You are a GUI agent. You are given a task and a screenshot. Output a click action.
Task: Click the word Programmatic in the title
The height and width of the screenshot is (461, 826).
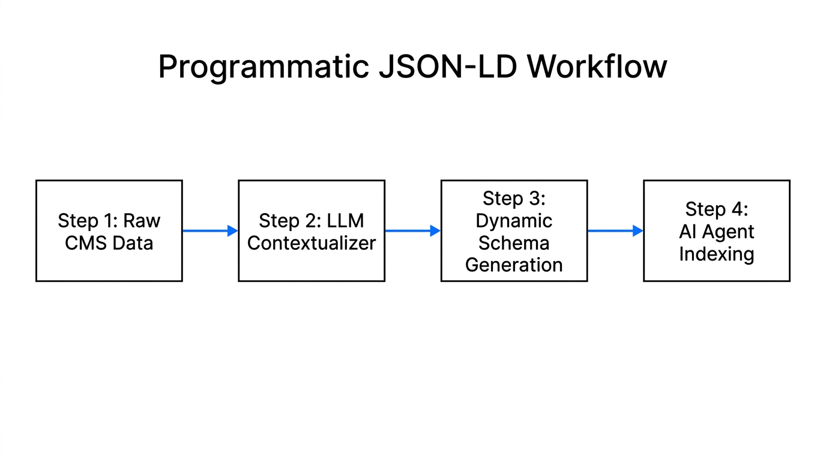(x=263, y=67)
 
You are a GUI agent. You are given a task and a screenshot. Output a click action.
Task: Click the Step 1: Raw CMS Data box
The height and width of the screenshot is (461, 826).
(x=109, y=230)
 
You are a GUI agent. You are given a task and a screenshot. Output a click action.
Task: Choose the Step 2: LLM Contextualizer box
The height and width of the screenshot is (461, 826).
(x=312, y=230)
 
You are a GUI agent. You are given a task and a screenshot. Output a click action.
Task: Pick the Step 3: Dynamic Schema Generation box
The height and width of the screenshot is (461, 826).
(x=514, y=230)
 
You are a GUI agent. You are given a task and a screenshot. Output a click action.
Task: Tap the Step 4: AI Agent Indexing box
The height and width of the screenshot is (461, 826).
(x=716, y=230)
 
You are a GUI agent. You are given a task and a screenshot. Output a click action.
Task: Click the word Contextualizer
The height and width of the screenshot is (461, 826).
(x=312, y=243)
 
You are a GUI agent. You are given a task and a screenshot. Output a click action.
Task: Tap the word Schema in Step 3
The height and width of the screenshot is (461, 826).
(x=514, y=243)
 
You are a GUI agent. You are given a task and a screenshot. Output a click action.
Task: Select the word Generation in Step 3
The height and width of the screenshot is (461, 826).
(x=514, y=265)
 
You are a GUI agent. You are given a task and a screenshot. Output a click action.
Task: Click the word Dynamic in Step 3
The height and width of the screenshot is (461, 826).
(x=514, y=220)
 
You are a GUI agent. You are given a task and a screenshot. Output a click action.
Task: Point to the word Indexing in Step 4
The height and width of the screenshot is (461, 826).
(x=716, y=254)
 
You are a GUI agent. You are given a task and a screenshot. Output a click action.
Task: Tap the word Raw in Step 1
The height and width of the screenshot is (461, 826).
(x=142, y=220)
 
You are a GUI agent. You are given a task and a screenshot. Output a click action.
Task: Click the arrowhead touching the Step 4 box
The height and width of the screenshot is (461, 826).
(x=638, y=230)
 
